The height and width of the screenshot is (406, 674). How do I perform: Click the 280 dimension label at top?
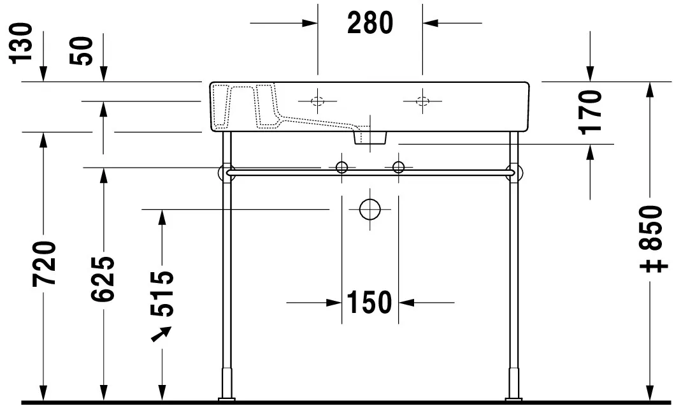370,23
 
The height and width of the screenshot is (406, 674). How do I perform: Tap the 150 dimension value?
369,301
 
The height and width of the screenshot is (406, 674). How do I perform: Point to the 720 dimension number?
46,263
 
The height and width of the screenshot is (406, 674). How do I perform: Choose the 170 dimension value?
592,110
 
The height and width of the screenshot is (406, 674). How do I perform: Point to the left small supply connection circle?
342,168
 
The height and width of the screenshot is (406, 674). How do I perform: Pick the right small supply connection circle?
398,168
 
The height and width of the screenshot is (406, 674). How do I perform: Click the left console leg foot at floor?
226,400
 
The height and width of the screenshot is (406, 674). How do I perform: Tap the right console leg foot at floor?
513,400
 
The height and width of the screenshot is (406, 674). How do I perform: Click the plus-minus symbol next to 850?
656,263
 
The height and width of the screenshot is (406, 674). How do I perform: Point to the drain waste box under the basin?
370,136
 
